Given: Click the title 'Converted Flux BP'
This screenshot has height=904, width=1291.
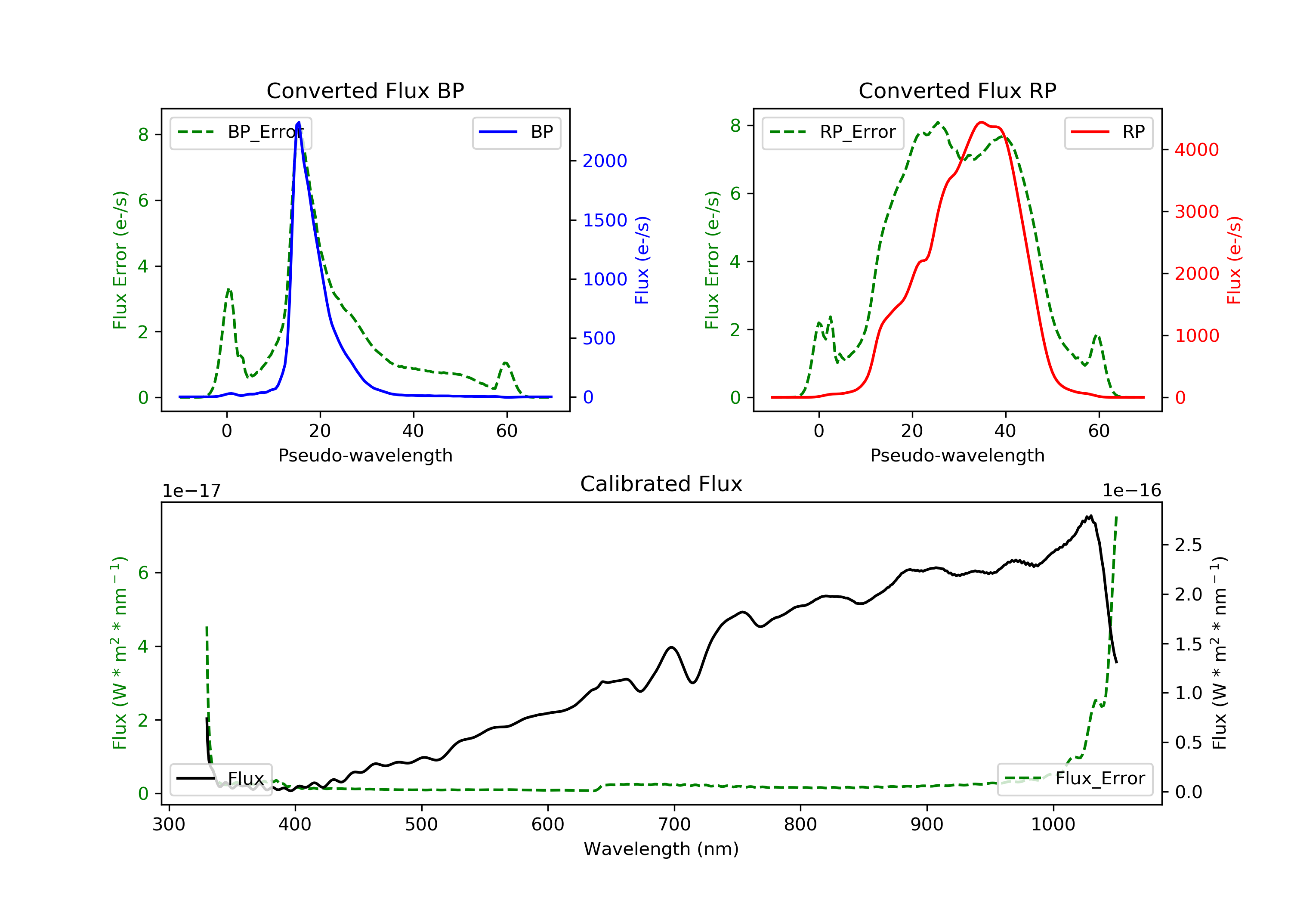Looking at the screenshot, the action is point(365,90).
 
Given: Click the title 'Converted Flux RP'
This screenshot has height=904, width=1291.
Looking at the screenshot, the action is point(957,90).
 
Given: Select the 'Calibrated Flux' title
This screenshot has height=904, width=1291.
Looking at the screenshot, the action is point(661,484).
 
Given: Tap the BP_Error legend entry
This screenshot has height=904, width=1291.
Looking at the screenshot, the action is point(240,132).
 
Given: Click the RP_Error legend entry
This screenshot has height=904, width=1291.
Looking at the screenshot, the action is point(832,132).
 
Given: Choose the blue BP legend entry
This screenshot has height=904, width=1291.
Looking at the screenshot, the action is point(516,132).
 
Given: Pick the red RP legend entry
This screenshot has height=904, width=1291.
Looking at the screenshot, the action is point(1108,132).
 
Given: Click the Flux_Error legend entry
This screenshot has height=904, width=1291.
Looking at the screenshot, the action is point(1075,779).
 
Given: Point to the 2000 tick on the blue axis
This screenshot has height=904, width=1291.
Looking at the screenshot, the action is point(605,161).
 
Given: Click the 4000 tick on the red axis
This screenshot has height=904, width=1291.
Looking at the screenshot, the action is point(1196,150).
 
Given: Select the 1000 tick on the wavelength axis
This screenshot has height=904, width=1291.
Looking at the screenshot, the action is point(1053,825).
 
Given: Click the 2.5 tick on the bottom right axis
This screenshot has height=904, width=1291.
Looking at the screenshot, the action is point(1188,545).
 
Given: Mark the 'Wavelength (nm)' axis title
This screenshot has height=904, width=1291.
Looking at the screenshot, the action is point(661,849).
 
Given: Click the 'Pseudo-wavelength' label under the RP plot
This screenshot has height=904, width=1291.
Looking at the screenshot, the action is point(957,455).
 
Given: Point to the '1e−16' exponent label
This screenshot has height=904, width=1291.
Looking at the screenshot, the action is point(1131,491).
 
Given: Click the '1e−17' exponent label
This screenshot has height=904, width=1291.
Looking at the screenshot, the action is point(191,491).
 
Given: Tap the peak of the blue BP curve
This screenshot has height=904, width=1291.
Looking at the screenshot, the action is point(299,122).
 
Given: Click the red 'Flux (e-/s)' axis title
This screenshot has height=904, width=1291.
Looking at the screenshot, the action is point(1234,260).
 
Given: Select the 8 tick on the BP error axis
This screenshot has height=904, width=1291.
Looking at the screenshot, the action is point(143,134).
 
